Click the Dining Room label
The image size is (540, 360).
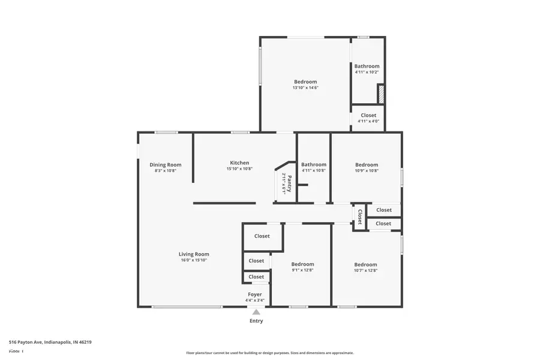point(165,165)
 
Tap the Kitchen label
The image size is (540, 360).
point(239,163)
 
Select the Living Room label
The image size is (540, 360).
point(194,254)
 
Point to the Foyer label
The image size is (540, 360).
point(255,295)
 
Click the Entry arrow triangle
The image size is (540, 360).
point(256,312)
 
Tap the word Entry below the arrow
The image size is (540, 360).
point(256,321)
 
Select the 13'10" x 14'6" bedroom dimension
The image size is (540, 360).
point(305,88)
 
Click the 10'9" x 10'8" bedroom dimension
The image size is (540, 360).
point(366,170)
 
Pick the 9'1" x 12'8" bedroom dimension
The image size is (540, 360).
point(302,270)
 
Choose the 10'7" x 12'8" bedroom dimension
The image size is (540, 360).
point(365,270)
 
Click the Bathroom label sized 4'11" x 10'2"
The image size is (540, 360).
point(367,66)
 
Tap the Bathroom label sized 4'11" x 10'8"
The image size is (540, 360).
point(314,164)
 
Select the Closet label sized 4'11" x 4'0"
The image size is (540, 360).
point(368,115)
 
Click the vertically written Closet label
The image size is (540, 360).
point(360,216)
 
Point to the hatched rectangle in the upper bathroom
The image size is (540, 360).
point(380,94)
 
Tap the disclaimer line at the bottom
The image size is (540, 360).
point(269,353)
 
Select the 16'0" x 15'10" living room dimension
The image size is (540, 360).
point(194,260)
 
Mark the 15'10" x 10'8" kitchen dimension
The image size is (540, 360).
point(239,169)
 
